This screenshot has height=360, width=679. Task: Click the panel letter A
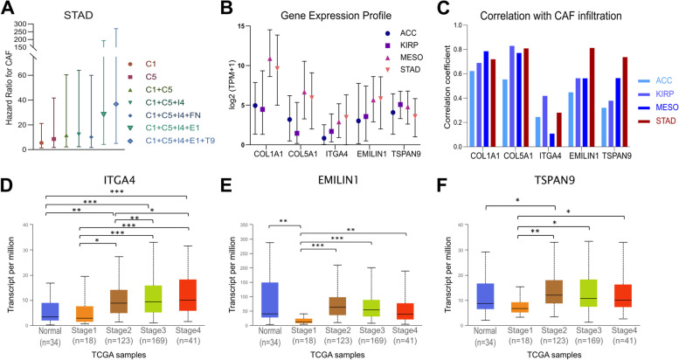coord(11,8)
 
